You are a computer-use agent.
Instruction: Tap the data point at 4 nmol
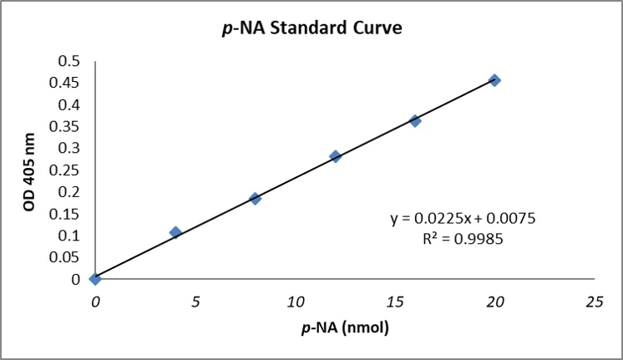[x=175, y=232]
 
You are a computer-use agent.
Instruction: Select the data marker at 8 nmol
[x=256, y=199]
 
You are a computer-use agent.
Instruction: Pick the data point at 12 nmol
[x=336, y=156]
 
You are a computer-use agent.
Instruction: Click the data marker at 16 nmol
[x=415, y=121]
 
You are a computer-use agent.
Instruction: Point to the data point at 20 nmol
[x=495, y=80]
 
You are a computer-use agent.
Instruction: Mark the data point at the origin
[x=95, y=278]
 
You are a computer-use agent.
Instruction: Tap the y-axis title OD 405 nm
[x=29, y=171]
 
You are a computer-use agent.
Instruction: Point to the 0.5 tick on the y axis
[x=70, y=61]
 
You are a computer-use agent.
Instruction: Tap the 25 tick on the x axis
[x=595, y=300]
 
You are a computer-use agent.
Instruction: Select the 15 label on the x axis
[x=395, y=300]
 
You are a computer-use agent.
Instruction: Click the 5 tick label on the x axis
[x=195, y=300]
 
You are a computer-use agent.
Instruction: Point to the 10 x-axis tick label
[x=295, y=300]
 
